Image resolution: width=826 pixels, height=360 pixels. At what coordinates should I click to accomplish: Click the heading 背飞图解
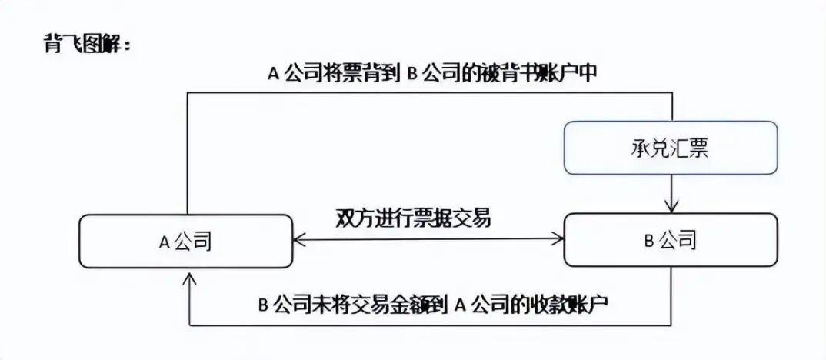pyautogui.click(x=88, y=45)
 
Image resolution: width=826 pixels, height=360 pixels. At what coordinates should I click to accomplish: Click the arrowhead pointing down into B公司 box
pyautogui.click(x=671, y=206)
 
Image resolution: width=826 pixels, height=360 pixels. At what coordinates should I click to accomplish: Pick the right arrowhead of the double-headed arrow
pyautogui.click(x=557, y=239)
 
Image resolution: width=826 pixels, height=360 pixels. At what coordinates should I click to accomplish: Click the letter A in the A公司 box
pyautogui.click(x=163, y=242)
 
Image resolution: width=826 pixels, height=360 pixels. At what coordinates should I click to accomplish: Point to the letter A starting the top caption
pyautogui.click(x=273, y=75)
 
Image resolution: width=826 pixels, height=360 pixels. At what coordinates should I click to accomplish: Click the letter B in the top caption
pyautogui.click(x=412, y=75)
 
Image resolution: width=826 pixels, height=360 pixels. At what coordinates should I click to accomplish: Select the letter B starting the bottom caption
pyautogui.click(x=264, y=305)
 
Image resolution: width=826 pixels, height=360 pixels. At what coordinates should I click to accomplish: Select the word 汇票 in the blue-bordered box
pyautogui.click(x=689, y=148)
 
